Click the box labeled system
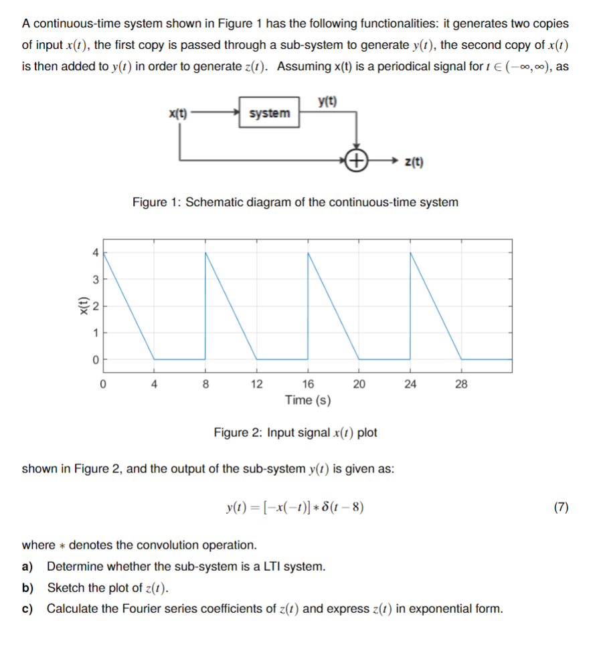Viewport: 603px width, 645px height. pos(269,113)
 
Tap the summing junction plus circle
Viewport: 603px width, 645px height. pos(358,161)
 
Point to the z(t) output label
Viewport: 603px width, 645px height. pos(415,161)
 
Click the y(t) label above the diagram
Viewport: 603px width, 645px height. pos(328,102)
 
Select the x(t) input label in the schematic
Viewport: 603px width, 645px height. pos(178,113)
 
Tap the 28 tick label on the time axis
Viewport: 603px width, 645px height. pos(461,384)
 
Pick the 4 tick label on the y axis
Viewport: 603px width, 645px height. pos(95,253)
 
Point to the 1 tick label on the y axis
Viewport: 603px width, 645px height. pos(95,333)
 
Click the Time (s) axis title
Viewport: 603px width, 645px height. pos(308,400)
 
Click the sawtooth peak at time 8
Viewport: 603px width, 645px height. pos(205,253)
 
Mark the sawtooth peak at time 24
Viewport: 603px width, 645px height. pos(410,253)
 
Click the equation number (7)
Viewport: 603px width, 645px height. pos(561,506)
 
